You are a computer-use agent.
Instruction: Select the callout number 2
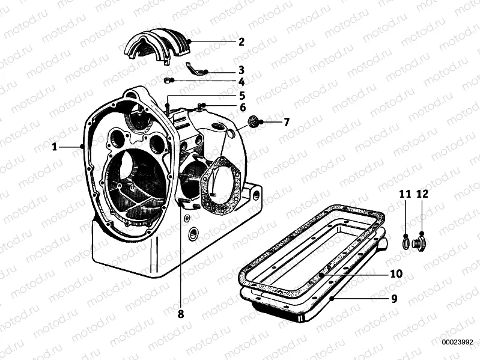[241, 41]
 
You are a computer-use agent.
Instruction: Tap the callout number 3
[241, 70]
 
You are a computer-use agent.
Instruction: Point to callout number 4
[241, 82]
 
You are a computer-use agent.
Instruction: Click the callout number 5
[242, 96]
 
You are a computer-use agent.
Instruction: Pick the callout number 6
[242, 108]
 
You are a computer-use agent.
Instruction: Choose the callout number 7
[287, 122]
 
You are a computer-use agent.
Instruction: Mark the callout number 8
[180, 313]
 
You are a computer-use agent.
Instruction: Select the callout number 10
[395, 273]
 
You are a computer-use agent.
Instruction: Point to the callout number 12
[422, 194]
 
